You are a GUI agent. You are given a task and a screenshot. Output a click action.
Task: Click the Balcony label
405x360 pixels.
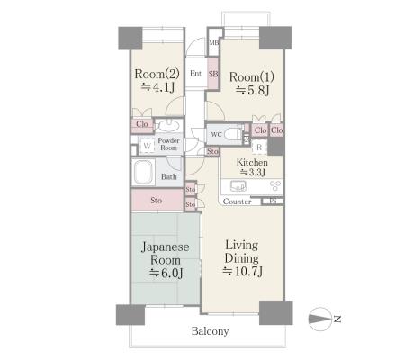pyautogui.click(x=210, y=331)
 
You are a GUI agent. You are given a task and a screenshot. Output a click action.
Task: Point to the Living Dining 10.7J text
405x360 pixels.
pyautogui.click(x=242, y=258)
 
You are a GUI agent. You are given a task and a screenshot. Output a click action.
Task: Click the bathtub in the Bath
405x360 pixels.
pyautogui.click(x=144, y=173)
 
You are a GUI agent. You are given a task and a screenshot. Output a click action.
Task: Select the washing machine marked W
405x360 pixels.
pyautogui.click(x=147, y=146)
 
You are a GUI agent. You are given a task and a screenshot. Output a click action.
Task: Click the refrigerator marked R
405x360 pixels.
pyautogui.click(x=259, y=148)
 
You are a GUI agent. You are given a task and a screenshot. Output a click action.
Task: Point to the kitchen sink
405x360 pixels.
pyautogui.click(x=238, y=186)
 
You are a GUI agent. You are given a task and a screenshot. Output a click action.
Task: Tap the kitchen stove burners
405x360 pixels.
pyautogui.click(x=275, y=186)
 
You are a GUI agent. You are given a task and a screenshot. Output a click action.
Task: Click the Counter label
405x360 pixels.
pyautogui.click(x=237, y=202)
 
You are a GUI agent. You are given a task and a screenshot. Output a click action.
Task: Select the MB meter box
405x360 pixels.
pyautogui.click(x=214, y=42)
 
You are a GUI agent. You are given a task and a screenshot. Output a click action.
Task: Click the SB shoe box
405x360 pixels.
pyautogui.click(x=213, y=74)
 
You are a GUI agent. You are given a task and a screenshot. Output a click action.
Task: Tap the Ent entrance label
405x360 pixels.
pyautogui.click(x=195, y=73)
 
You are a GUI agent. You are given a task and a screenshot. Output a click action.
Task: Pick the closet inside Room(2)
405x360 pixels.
pyautogui.click(x=142, y=124)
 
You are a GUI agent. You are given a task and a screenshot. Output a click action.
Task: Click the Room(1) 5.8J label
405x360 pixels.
pyautogui.click(x=252, y=84)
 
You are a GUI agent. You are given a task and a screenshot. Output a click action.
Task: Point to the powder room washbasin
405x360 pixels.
pyautogui.click(x=168, y=126)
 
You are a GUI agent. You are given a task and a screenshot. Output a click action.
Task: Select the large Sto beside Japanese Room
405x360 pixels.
pyautogui.click(x=157, y=200)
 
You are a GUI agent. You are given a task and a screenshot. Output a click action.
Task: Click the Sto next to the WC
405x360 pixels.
pyautogui.click(x=212, y=151)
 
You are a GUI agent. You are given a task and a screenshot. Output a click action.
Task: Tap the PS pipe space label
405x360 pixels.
pyautogui.click(x=273, y=202)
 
